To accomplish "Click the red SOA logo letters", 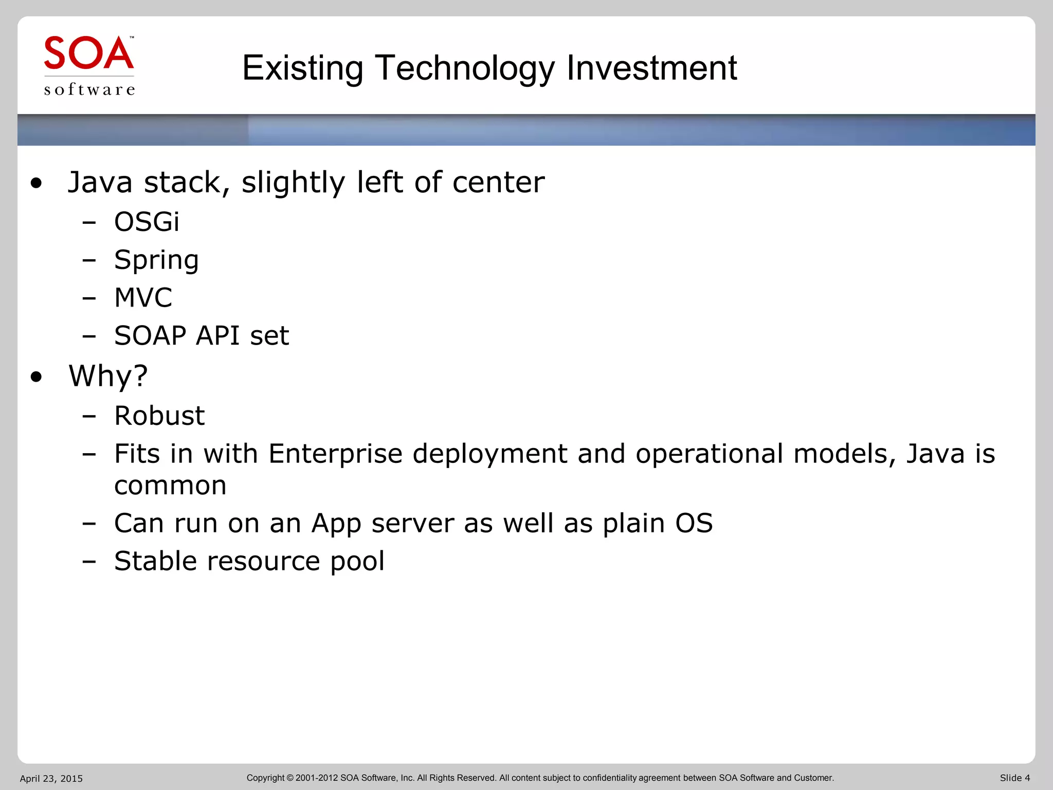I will pyautogui.click(x=88, y=53).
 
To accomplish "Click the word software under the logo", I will pyautogui.click(x=89, y=89).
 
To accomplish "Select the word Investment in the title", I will pyautogui.click(x=651, y=68).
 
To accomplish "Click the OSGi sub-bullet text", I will pyautogui.click(x=147, y=222).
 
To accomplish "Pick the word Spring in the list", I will pyautogui.click(x=156, y=260).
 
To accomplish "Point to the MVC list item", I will pyautogui.click(x=143, y=298).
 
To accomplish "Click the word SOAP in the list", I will pyautogui.click(x=150, y=336).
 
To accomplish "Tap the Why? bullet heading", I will pyautogui.click(x=108, y=376).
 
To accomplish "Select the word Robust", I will pyautogui.click(x=159, y=416).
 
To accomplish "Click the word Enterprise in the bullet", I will pyautogui.click(x=335, y=454).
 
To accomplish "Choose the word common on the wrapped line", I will pyautogui.click(x=170, y=486).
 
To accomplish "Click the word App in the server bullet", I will pyautogui.click(x=336, y=524).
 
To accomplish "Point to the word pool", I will pyautogui.click(x=357, y=561).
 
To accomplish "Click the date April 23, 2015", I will pyautogui.click(x=51, y=779).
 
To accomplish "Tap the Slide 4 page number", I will pyautogui.click(x=1014, y=778).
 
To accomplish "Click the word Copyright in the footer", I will pyautogui.click(x=265, y=778).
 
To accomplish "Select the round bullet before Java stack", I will pyautogui.click(x=36, y=183).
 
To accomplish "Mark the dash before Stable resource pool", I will pyautogui.click(x=89, y=562).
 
